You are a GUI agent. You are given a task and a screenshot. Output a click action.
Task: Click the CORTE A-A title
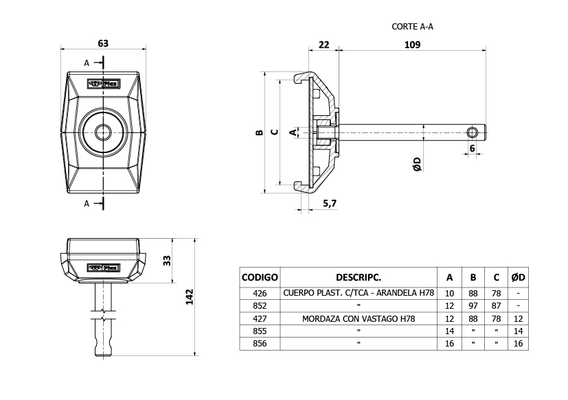coord(412,27)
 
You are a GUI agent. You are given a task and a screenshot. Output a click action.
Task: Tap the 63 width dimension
coord(103,43)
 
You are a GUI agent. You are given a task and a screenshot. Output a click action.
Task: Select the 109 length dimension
coord(412,45)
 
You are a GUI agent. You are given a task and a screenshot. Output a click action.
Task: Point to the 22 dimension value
coord(324,45)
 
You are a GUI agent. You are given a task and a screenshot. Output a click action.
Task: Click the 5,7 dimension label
coord(329,203)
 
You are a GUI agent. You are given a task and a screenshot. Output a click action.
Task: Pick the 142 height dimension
coord(190,296)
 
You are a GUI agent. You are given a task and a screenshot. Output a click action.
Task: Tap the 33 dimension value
coord(167,260)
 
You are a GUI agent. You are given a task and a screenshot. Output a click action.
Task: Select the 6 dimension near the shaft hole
coord(473,148)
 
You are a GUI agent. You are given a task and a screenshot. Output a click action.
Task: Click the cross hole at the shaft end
coord(472,131)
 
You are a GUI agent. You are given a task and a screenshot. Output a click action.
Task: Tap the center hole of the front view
coord(103,132)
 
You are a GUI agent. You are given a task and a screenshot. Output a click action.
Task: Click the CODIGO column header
coord(260,278)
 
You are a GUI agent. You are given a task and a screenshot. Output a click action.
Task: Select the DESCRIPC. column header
coord(359,278)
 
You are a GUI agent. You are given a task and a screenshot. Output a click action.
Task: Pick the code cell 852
coord(260,305)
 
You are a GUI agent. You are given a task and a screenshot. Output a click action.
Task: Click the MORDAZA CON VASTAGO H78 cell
coord(359,318)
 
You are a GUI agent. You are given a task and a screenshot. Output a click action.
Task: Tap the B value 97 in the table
coord(473,305)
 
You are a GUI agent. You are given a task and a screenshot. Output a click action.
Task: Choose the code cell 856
coord(260,343)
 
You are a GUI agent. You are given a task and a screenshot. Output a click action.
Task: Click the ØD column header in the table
coord(518,278)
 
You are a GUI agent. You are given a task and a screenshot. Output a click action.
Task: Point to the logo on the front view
coord(103,84)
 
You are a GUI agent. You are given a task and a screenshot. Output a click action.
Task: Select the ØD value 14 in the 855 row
coord(518,331)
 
